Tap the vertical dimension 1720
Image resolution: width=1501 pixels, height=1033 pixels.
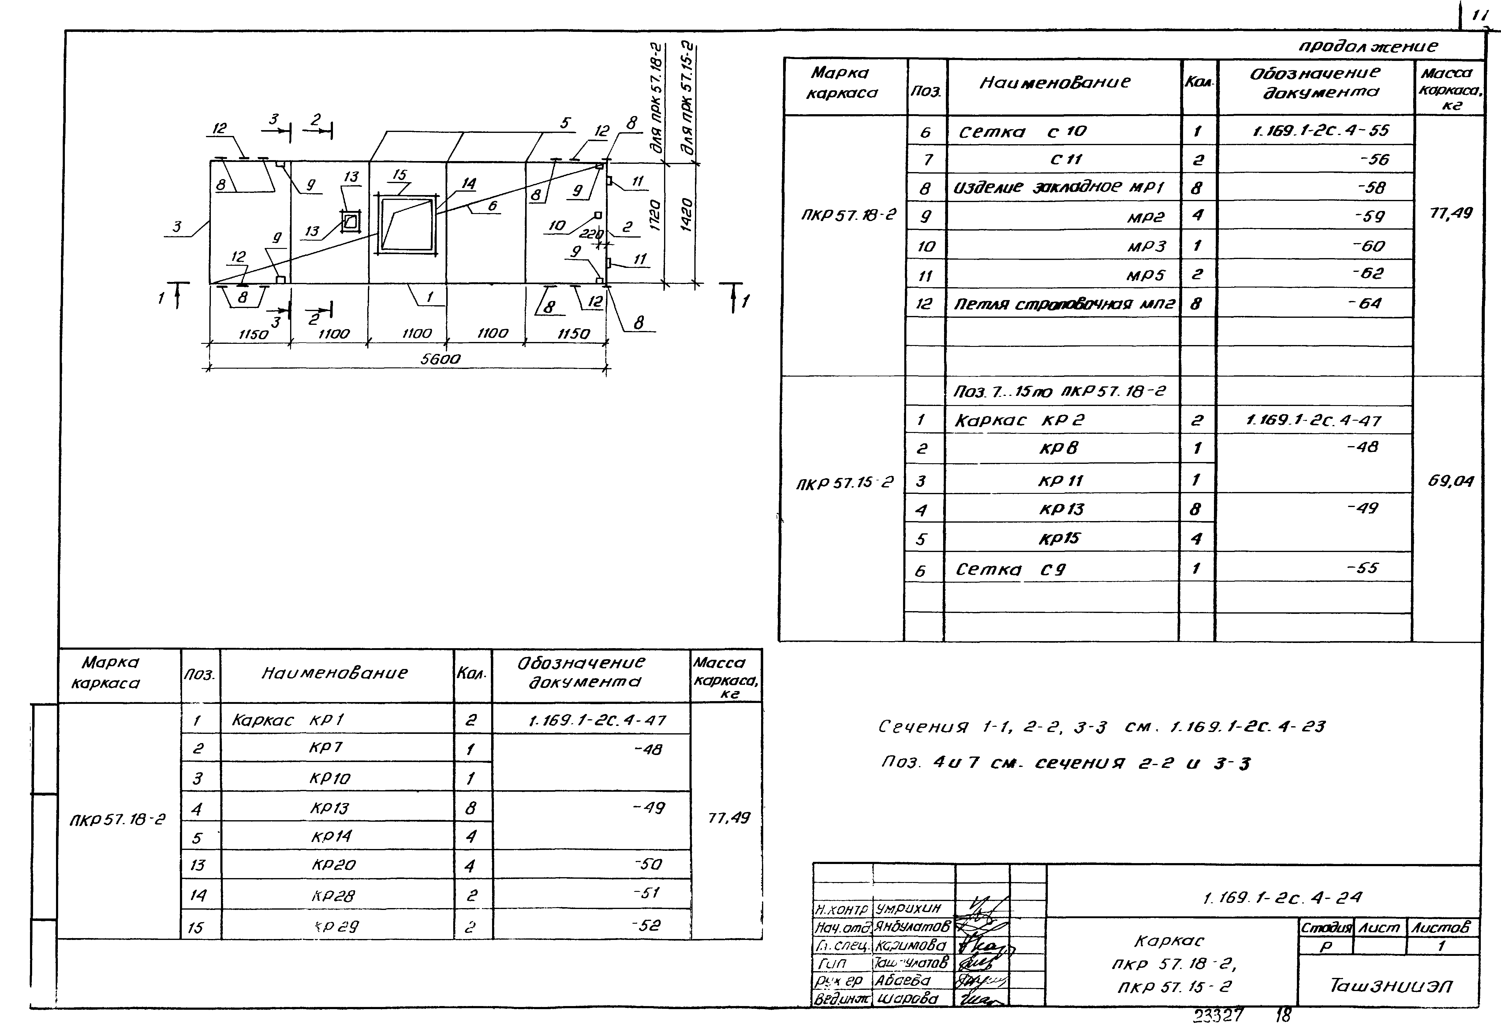click(x=655, y=214)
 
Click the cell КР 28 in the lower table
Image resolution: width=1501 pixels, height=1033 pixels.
click(x=334, y=896)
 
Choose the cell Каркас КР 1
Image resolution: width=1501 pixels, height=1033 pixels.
click(x=288, y=720)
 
